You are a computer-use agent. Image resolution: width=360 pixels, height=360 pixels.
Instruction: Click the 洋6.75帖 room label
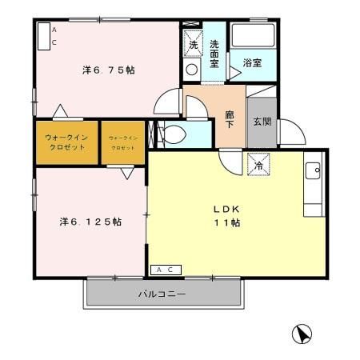pyautogui.click(x=107, y=70)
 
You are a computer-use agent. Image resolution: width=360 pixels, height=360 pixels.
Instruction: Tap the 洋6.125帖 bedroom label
pyautogui.click(x=90, y=221)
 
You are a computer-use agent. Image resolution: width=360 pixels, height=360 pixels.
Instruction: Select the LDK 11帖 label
pyautogui.click(x=226, y=216)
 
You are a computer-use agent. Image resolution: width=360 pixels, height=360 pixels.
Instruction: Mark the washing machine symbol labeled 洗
pyautogui.click(x=193, y=44)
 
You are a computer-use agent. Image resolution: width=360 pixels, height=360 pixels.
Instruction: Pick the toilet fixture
pyautogui.click(x=174, y=134)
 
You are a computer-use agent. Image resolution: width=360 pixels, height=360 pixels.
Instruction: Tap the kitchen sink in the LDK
pyautogui.click(x=313, y=170)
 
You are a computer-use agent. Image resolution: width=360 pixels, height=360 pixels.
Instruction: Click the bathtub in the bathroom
pyautogui.click(x=254, y=37)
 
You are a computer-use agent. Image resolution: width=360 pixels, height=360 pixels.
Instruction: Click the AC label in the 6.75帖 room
pyautogui.click(x=54, y=35)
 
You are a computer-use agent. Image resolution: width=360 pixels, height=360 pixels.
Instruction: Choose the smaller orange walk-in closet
pyautogui.click(x=122, y=142)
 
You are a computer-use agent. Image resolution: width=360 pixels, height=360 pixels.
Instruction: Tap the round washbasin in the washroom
pyautogui.click(x=191, y=70)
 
